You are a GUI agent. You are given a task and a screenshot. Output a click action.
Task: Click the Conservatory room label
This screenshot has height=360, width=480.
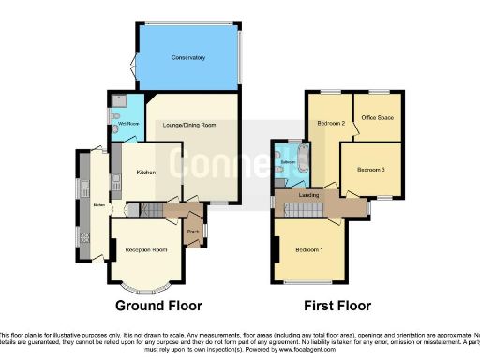coord(188,59)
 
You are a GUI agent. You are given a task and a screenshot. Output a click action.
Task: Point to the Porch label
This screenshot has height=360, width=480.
coord(193,231)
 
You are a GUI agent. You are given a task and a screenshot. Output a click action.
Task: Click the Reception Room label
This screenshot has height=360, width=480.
coord(145,249)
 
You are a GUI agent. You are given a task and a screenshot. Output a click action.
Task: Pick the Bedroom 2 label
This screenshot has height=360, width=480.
coord(330,123)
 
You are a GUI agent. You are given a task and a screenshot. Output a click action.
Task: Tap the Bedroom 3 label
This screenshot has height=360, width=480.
coord(372,169)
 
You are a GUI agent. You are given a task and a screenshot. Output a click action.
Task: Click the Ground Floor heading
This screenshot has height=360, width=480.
coord(157,306)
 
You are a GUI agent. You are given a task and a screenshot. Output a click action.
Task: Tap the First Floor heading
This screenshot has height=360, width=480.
coord(337,306)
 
